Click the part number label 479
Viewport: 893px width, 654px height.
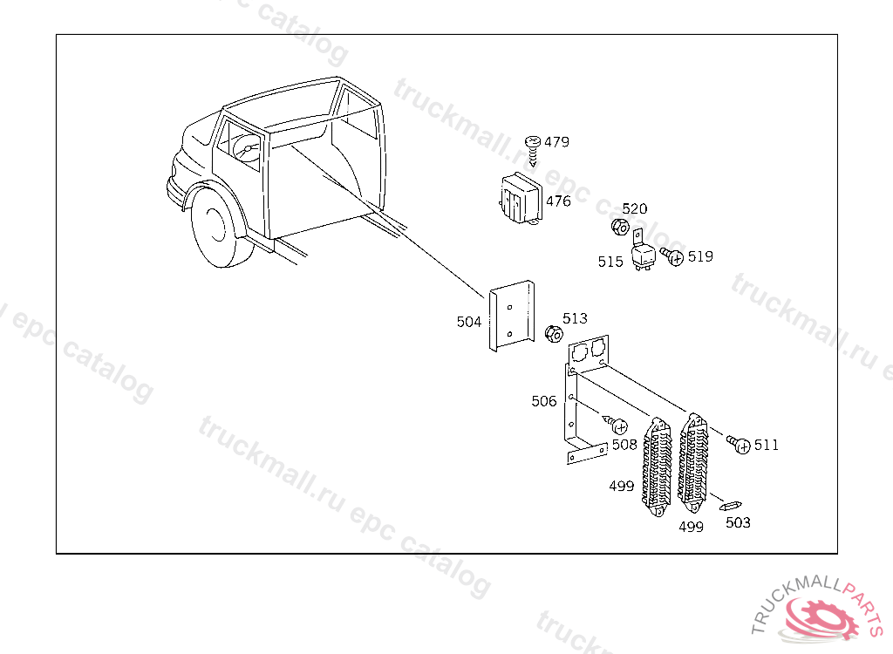tap(556, 142)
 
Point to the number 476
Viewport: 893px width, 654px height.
tap(558, 201)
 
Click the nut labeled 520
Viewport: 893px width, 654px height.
tap(618, 228)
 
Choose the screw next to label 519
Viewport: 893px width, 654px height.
tap(672, 257)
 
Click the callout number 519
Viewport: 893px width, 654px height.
tap(700, 256)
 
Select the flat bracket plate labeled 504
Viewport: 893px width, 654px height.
tap(512, 317)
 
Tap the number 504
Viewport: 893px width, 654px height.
tap(469, 322)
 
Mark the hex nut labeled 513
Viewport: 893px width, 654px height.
tap(553, 334)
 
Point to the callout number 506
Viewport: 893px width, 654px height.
tap(544, 401)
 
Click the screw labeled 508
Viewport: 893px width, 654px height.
tap(616, 426)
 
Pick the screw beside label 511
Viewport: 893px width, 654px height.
tap(739, 445)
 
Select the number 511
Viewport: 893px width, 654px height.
tap(767, 445)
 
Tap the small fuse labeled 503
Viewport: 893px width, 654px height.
tap(729, 505)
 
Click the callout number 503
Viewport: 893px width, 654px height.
tap(738, 522)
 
